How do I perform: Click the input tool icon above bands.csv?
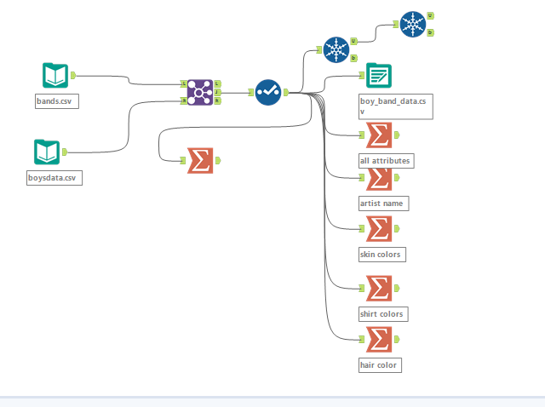point(55,76)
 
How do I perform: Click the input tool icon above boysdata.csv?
point(47,152)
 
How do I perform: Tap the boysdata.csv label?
point(54,178)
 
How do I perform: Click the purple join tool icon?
point(198,92)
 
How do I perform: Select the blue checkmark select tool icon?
point(268,92)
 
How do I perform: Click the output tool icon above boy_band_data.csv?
point(379,76)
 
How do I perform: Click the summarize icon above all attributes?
point(378,135)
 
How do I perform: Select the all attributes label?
point(386,160)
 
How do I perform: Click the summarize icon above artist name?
point(378,178)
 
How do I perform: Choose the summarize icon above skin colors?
point(378,228)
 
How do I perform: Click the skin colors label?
point(381,254)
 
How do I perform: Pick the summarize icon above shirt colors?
point(378,289)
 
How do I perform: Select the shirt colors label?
point(382,313)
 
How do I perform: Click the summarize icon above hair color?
point(378,340)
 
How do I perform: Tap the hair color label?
point(379,364)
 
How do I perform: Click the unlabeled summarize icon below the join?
point(200,160)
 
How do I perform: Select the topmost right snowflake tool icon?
point(412,25)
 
